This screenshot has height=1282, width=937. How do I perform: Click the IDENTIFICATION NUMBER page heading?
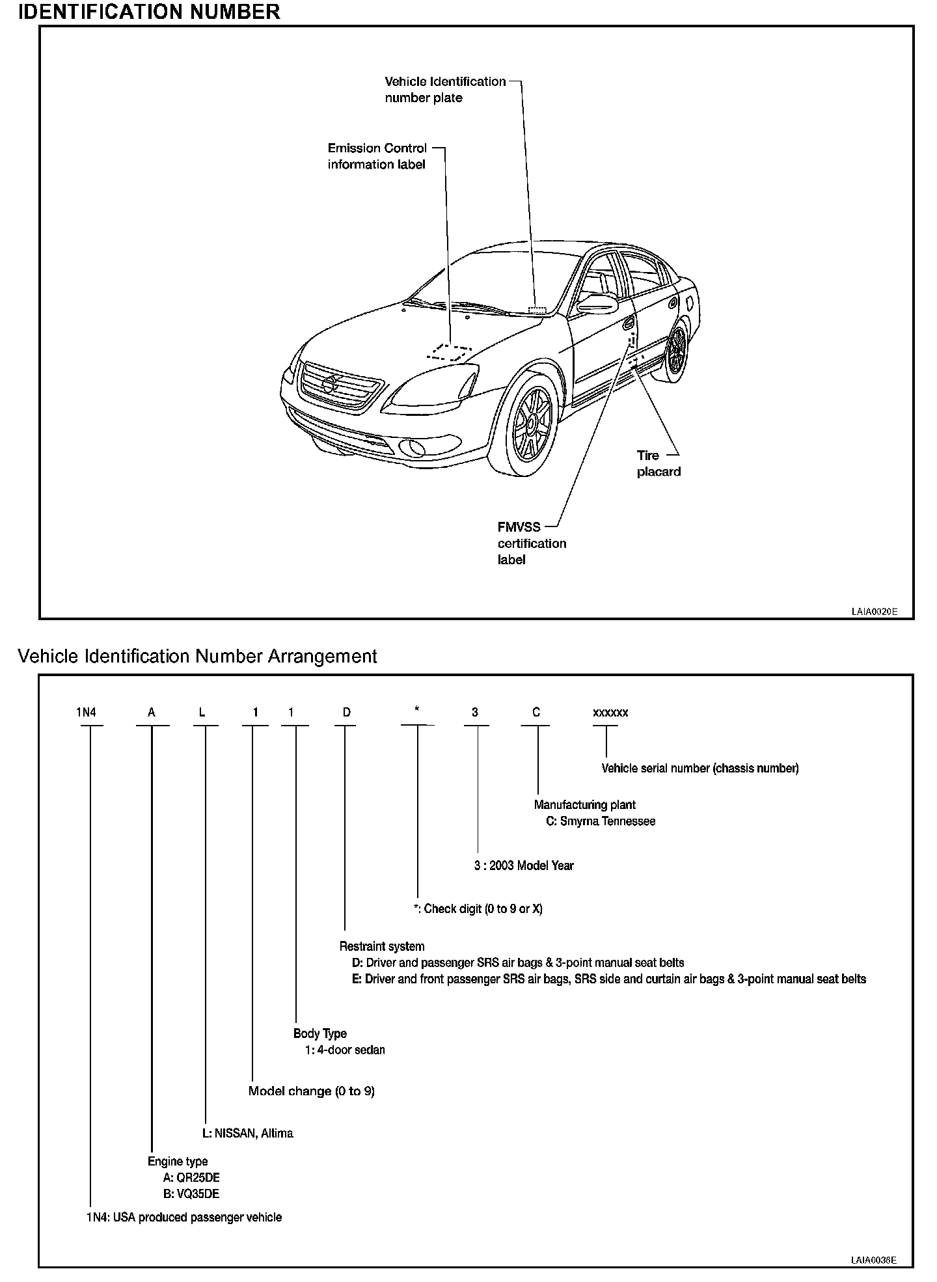pyautogui.click(x=150, y=12)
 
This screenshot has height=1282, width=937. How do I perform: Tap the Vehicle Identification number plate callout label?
pyautogui.click(x=445, y=90)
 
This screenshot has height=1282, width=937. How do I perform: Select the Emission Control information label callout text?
pyautogui.click(x=377, y=156)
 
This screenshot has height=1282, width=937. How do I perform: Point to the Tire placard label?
pyautogui.click(x=658, y=463)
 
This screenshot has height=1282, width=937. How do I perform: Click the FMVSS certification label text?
pyautogui.click(x=532, y=543)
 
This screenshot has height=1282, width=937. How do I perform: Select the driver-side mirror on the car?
pyautogui.click(x=596, y=303)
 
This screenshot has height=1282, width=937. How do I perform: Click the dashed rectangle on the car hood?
pyautogui.click(x=449, y=352)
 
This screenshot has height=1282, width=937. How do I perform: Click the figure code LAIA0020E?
pyautogui.click(x=874, y=612)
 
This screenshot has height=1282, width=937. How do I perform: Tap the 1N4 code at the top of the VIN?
pyautogui.click(x=86, y=713)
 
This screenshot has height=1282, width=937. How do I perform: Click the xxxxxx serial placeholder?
pyautogui.click(x=610, y=713)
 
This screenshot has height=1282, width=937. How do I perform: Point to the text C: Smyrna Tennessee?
pyautogui.click(x=600, y=821)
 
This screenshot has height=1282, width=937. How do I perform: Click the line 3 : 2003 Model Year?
pyautogui.click(x=524, y=866)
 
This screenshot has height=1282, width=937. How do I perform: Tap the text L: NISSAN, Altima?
pyautogui.click(x=248, y=1133)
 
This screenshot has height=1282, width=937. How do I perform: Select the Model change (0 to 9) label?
pyautogui.click(x=312, y=1091)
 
